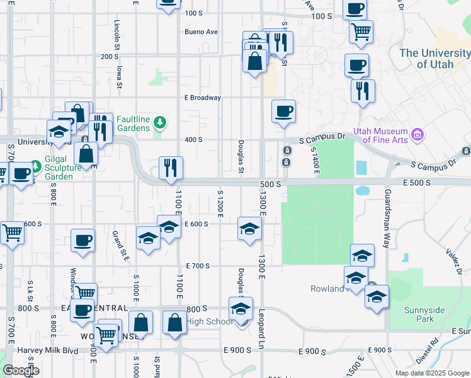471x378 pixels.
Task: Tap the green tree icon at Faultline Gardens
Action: click(x=161, y=122)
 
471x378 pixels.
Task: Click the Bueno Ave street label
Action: click(x=201, y=31)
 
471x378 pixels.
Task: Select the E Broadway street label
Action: click(x=202, y=98)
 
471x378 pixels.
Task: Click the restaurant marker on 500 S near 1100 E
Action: click(x=171, y=168)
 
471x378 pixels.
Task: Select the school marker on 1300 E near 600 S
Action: click(x=249, y=229)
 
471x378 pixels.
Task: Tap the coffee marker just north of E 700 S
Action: click(x=82, y=241)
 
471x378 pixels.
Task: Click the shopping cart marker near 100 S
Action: click(x=361, y=31)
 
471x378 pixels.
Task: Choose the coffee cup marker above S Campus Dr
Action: click(x=283, y=111)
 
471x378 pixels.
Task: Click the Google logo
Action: click(x=21, y=370)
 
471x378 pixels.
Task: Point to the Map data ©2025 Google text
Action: click(x=432, y=373)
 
